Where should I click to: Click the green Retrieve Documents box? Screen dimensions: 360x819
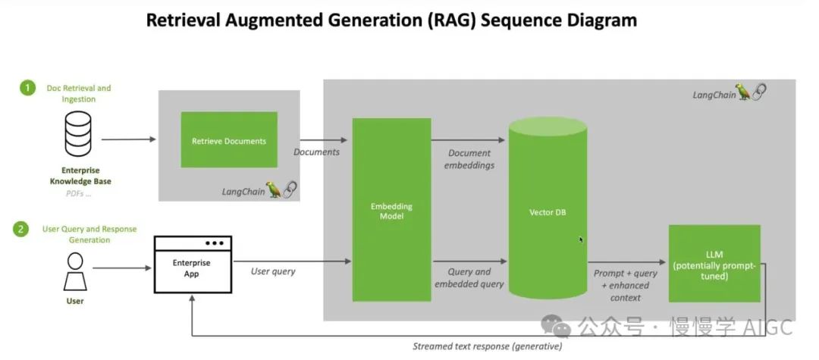(x=229, y=140)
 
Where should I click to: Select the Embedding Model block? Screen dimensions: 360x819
(x=391, y=210)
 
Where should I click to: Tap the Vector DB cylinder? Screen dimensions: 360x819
(x=547, y=212)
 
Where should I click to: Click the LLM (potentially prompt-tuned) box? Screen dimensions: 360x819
(x=714, y=264)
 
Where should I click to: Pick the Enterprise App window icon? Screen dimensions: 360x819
(x=193, y=265)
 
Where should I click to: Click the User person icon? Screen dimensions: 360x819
(x=75, y=271)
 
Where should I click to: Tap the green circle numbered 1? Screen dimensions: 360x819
(x=28, y=89)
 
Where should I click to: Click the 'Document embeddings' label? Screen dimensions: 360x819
(x=469, y=158)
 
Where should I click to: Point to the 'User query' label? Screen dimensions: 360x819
(x=274, y=271)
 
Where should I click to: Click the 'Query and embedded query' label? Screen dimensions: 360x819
(x=469, y=277)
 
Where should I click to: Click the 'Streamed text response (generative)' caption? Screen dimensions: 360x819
(x=487, y=346)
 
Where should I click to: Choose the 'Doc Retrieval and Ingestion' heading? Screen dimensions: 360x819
(x=78, y=93)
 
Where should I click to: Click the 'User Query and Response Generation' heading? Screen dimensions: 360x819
(x=89, y=234)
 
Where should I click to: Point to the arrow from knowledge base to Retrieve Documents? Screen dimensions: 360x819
(x=128, y=139)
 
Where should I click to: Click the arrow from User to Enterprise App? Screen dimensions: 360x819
(x=121, y=268)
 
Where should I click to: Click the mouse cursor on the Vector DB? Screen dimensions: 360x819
(x=581, y=239)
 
